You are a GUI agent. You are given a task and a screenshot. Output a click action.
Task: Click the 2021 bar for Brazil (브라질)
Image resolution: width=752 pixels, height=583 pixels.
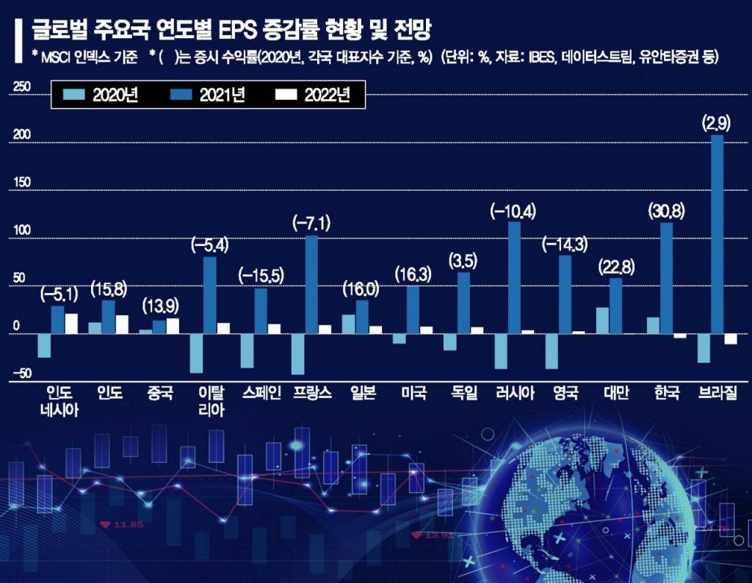(717, 234)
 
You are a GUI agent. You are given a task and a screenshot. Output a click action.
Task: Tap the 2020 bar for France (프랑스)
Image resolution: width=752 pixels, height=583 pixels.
(297, 354)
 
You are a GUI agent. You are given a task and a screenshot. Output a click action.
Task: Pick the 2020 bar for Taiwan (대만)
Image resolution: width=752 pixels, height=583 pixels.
(602, 320)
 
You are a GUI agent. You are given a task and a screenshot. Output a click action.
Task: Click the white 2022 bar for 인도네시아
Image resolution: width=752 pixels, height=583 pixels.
(71, 324)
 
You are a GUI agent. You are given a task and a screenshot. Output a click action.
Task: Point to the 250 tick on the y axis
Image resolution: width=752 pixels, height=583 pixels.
(23, 87)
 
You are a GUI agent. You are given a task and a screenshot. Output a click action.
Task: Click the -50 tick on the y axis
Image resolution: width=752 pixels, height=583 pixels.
(21, 374)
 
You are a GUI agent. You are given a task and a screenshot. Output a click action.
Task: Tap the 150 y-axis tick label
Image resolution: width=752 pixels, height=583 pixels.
(23, 183)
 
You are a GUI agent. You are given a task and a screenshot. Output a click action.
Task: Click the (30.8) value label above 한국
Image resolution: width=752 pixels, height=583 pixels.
(666, 211)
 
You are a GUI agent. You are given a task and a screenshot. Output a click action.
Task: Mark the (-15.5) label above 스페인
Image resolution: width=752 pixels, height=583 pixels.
(261, 276)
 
